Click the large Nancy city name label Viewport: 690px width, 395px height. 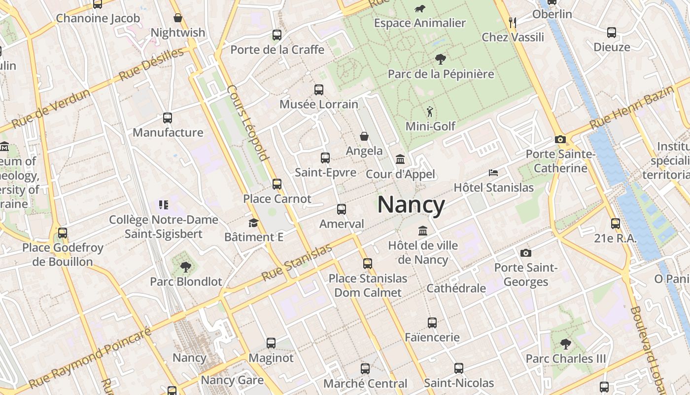point(411,204)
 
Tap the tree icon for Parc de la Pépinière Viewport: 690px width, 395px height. point(441,59)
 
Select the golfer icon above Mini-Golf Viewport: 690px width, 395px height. point(430,112)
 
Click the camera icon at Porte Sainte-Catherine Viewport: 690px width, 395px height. point(560,140)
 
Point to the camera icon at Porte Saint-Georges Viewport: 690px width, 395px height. point(526,253)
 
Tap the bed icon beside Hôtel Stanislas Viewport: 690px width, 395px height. point(493,173)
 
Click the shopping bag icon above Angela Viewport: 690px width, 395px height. point(364,136)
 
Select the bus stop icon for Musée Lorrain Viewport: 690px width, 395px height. point(319,90)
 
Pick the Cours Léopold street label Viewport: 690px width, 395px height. point(248,123)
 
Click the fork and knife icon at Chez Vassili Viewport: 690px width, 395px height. point(513,22)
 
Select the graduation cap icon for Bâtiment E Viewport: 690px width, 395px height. point(254,223)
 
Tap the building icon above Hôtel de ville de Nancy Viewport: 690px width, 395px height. point(423,231)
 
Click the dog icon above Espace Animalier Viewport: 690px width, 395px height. point(420,8)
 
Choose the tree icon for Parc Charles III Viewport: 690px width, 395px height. point(566,344)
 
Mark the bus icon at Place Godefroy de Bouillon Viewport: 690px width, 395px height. point(63,233)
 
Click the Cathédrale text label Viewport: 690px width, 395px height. point(456,288)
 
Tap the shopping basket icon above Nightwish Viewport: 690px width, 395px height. point(178,18)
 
